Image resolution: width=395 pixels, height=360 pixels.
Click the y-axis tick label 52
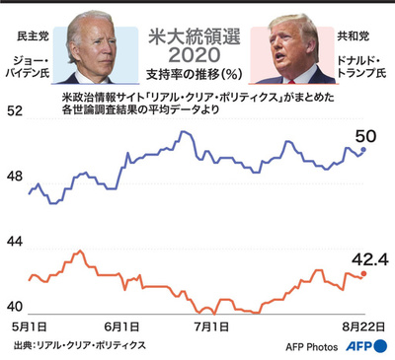16,112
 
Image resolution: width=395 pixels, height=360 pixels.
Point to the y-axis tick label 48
16,175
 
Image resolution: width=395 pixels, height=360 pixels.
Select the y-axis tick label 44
16,241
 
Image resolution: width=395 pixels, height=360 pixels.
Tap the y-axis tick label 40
16,304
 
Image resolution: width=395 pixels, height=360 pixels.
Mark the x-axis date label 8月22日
356,325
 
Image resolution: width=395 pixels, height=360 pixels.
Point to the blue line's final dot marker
363,149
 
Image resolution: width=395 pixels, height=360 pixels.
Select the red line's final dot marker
363,273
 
